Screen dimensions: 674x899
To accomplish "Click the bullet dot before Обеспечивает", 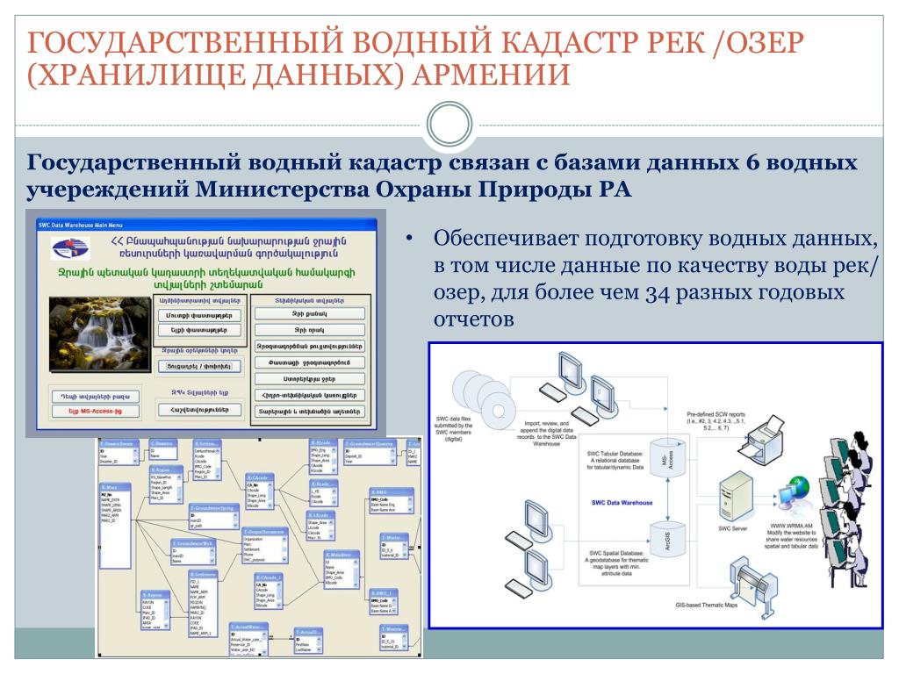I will click(410, 240).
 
